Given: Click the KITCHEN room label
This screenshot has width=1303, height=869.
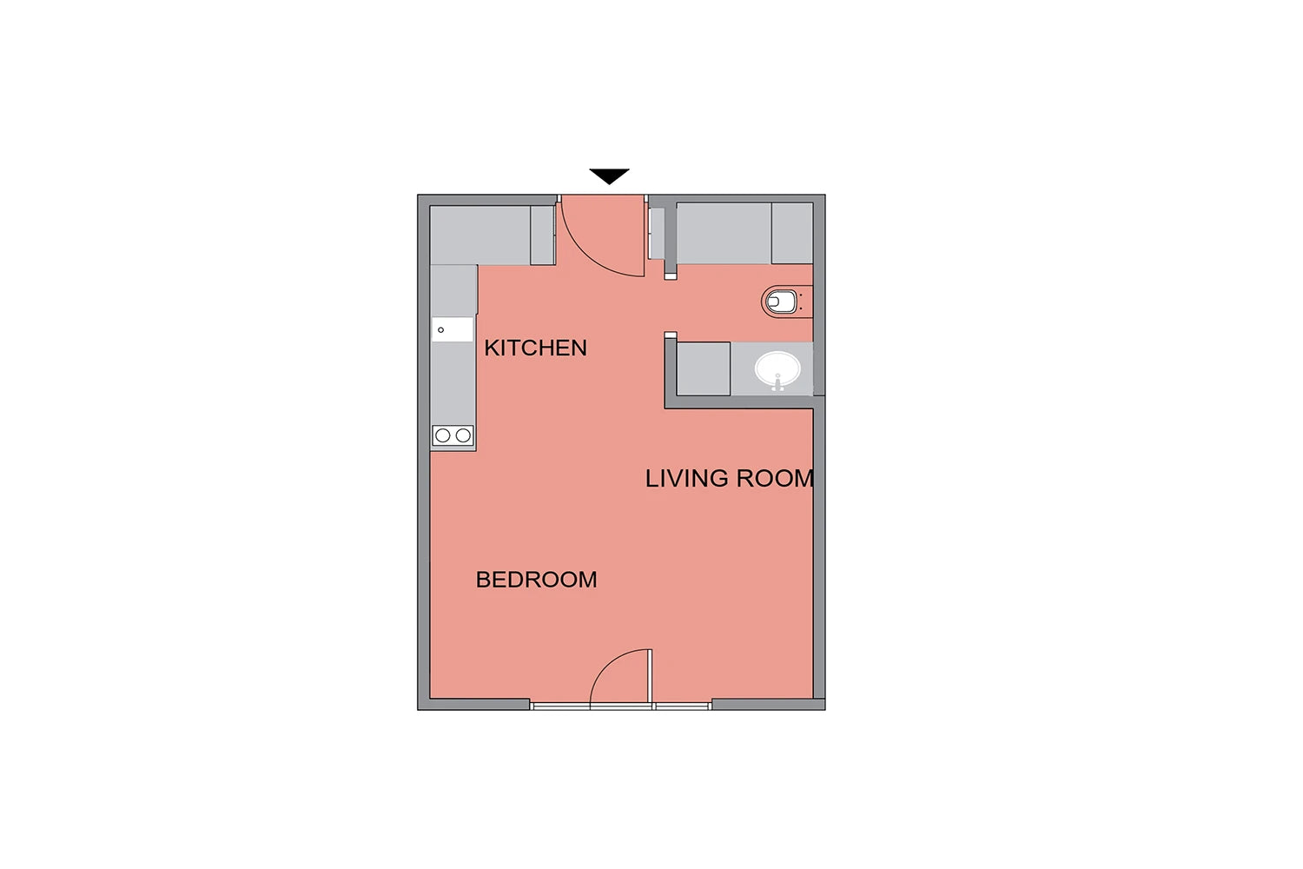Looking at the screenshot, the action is [x=535, y=348].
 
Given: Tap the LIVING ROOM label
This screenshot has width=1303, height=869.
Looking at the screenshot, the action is [x=730, y=479].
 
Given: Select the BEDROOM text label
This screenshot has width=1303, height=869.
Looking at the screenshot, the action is [x=536, y=580].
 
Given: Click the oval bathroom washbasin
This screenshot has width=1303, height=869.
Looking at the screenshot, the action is [x=777, y=369].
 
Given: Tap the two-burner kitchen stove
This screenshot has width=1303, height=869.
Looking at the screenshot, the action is [x=453, y=435].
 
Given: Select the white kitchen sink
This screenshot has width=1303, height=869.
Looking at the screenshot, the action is [x=452, y=329].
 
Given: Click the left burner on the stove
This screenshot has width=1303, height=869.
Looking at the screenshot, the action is [x=443, y=435].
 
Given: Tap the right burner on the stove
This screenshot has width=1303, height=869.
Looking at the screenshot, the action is [x=463, y=435].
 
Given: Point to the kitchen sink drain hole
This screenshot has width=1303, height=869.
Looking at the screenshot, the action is [x=441, y=330].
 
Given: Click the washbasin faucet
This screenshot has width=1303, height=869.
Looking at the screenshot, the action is [x=777, y=381].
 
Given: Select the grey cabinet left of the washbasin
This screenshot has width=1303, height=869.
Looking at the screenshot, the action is [x=704, y=369].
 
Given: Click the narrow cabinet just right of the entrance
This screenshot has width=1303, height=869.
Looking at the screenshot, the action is [x=657, y=233].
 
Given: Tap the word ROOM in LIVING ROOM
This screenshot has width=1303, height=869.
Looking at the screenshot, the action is [x=776, y=479].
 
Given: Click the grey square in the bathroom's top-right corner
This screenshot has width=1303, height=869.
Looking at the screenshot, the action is [x=792, y=233].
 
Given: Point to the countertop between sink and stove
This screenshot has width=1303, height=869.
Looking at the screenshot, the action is [x=453, y=383].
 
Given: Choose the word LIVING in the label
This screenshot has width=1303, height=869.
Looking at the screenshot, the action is [x=687, y=479].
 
